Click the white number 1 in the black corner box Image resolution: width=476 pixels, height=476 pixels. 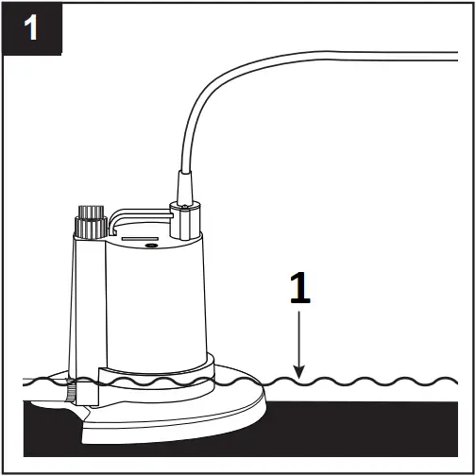point(31,28)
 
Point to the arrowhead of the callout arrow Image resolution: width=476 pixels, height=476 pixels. point(298,375)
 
